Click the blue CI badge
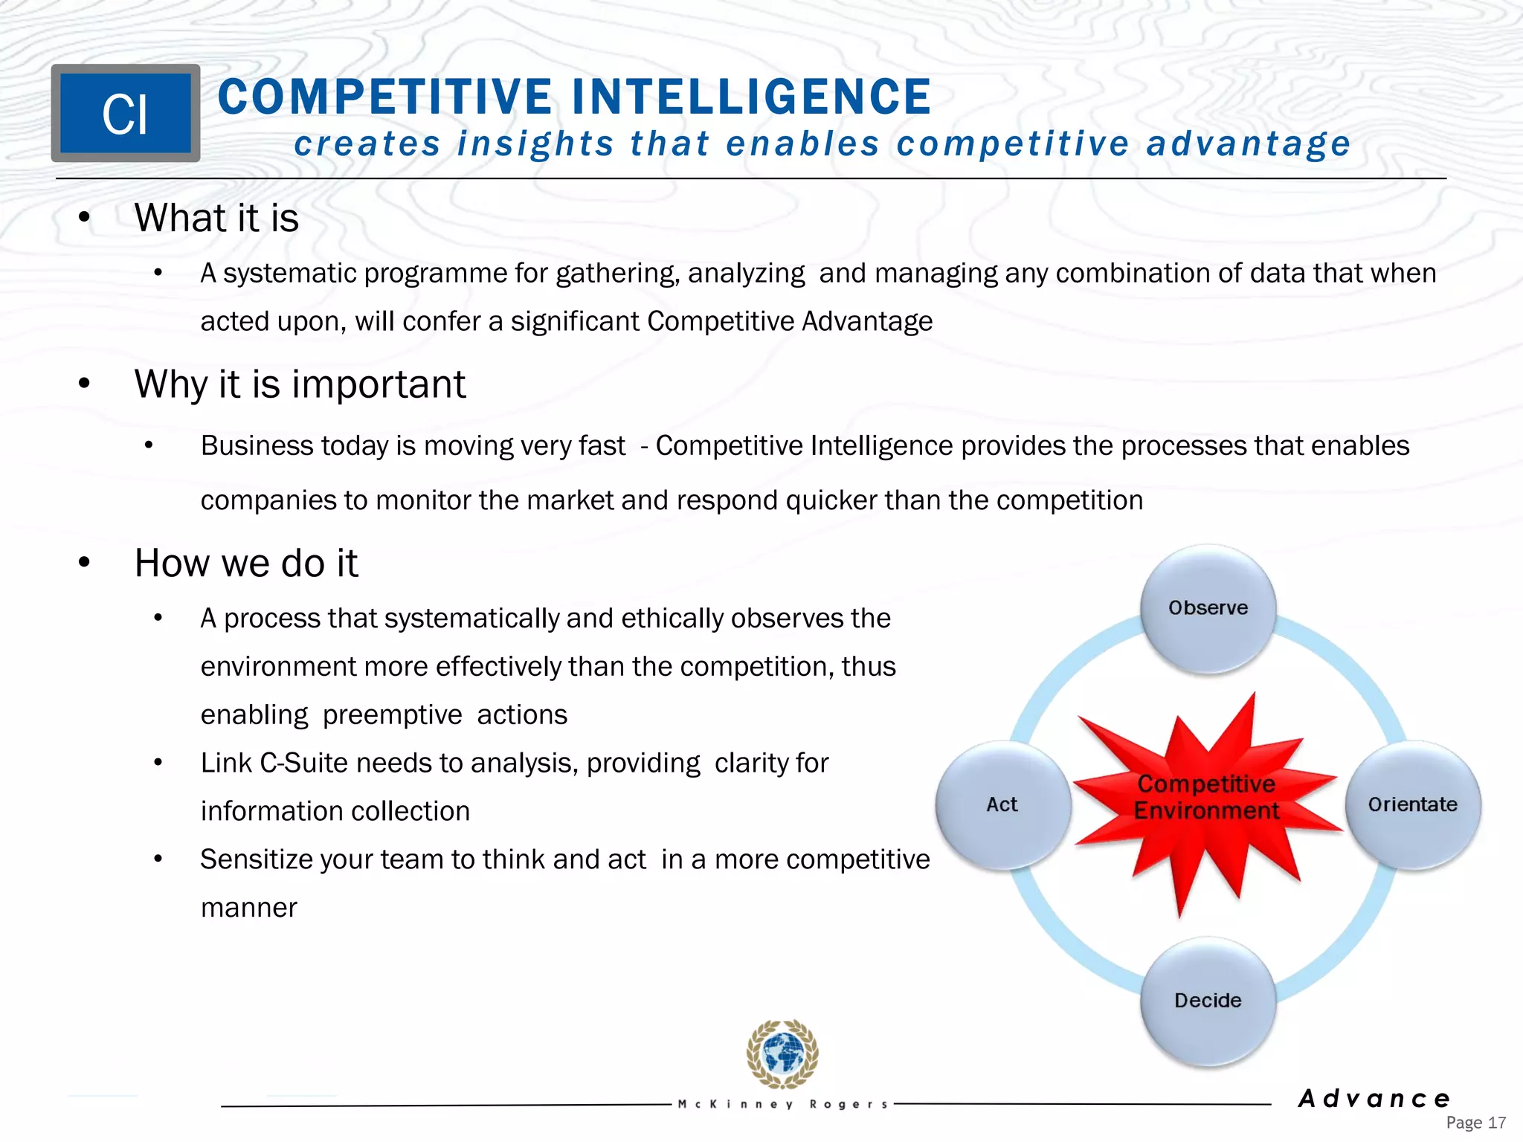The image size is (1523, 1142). (x=125, y=114)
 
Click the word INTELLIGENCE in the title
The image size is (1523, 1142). (x=751, y=97)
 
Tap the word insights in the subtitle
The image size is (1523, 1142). (x=535, y=144)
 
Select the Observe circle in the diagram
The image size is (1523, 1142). (x=1208, y=608)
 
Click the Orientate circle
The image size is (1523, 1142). (x=1412, y=804)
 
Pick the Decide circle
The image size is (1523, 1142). (x=1208, y=1001)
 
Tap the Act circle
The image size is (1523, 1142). (x=1002, y=804)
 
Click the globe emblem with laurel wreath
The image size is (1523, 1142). (x=782, y=1054)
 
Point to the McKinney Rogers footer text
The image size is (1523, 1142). (x=783, y=1105)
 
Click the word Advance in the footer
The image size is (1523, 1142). (x=1374, y=1098)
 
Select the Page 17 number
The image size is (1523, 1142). (x=1475, y=1123)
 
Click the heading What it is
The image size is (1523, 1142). (x=216, y=219)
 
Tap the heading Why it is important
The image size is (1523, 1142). (x=300, y=384)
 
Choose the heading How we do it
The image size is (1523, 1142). (x=246, y=563)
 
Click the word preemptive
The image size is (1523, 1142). (x=392, y=715)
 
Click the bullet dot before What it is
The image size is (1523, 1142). (x=84, y=217)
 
